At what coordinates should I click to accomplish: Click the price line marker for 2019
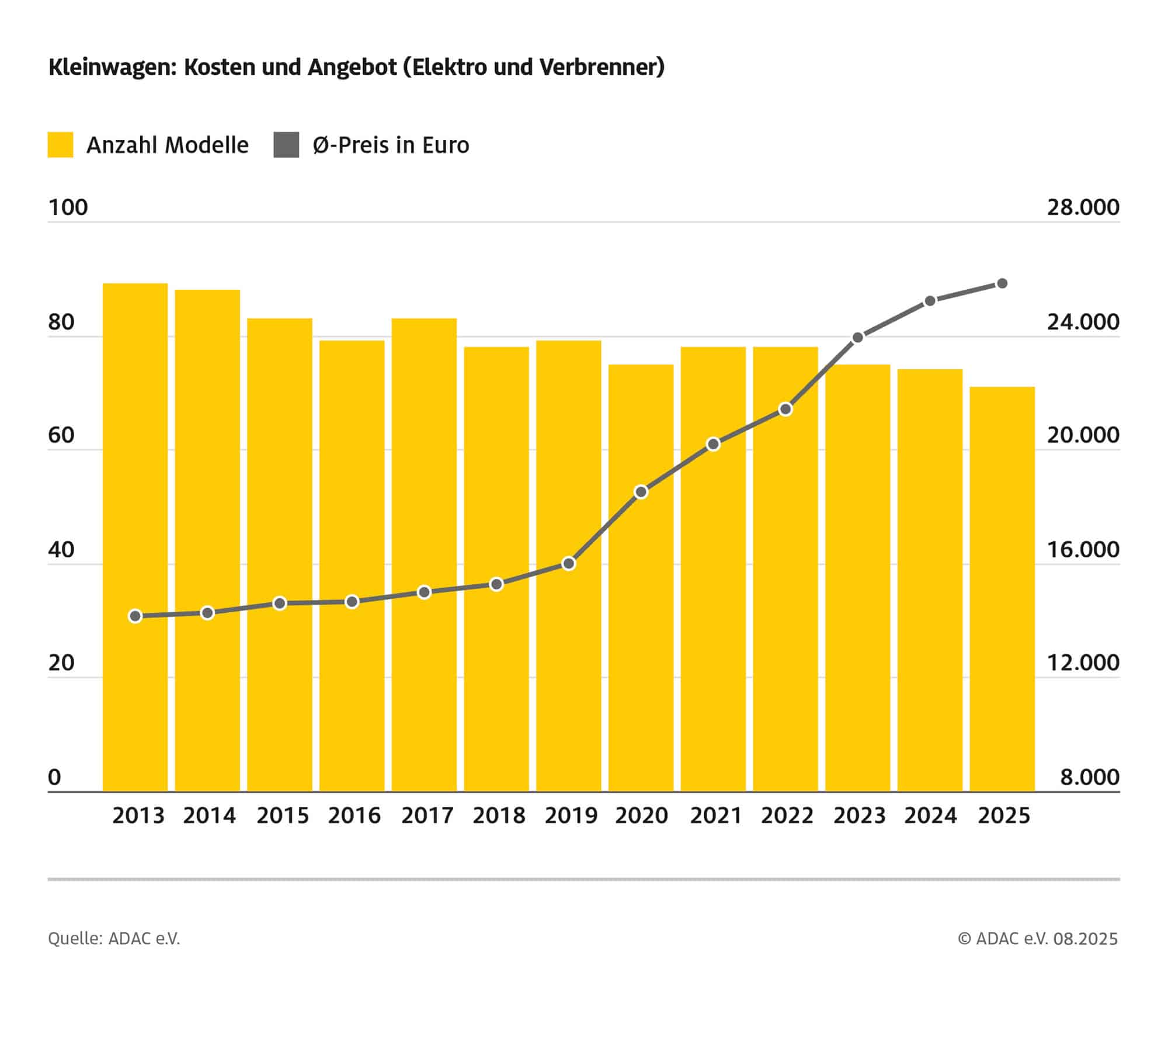[569, 564]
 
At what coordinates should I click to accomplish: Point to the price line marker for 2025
[1002, 283]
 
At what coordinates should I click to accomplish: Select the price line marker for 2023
[858, 338]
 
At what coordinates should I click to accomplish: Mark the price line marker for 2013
[135, 616]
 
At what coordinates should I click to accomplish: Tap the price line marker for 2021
[713, 445]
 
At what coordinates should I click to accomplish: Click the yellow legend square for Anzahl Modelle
[60, 145]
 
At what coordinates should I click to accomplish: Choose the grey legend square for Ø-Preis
[286, 145]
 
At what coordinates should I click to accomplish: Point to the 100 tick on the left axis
[68, 207]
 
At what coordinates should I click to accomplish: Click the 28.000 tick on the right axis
[1083, 207]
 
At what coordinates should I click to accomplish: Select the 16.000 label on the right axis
[1083, 550]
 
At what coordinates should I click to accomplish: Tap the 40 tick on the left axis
[61, 550]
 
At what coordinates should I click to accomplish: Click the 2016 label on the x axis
[354, 816]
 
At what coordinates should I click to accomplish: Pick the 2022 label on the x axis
[787, 816]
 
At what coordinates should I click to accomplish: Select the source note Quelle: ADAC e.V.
[114, 938]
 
